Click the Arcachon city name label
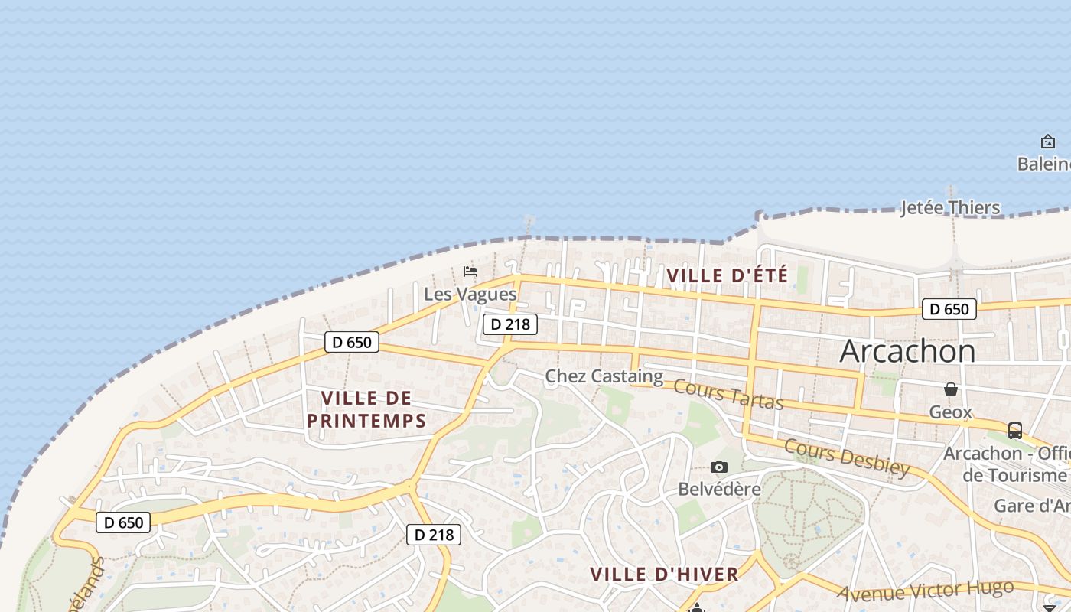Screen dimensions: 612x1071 [x=907, y=351]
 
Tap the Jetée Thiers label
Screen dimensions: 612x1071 [x=950, y=207]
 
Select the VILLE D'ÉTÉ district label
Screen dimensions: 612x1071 [x=727, y=275]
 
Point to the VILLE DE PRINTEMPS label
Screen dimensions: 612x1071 [x=366, y=409]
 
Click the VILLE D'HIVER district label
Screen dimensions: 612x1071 [x=664, y=574]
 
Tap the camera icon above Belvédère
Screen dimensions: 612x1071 [x=719, y=467]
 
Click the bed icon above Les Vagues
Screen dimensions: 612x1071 [x=470, y=272]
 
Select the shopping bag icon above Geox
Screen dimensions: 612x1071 [x=951, y=390]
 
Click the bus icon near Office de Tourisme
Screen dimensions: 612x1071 [x=1015, y=430]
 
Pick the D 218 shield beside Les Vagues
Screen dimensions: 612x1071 [x=510, y=324]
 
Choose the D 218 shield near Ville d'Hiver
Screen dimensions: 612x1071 [x=434, y=535]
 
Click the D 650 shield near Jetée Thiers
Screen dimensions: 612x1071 [x=949, y=309]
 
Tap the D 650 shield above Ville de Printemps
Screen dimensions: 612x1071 [x=352, y=342]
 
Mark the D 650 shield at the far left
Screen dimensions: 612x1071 [x=124, y=522]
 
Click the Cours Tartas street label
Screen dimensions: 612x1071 [x=728, y=394]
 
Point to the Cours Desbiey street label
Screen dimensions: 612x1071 [x=847, y=457]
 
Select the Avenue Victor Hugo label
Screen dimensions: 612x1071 [x=925, y=590]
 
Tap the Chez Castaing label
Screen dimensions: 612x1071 [x=604, y=376]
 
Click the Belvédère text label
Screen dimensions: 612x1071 [x=720, y=489]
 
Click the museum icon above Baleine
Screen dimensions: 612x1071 [x=1048, y=142]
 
